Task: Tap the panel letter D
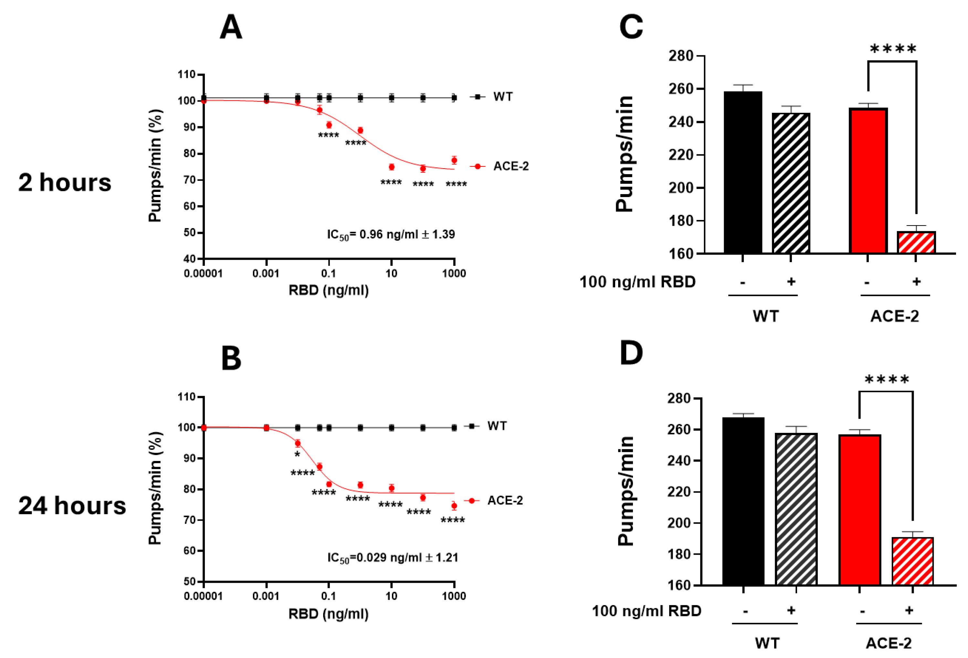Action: tap(631, 353)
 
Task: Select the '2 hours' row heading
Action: tap(65, 183)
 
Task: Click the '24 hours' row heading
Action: tap(72, 506)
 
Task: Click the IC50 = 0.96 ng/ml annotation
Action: tap(390, 235)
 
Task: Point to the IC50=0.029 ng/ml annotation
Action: tap(392, 558)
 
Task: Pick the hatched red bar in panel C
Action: tap(916, 242)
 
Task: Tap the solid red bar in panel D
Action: tap(859, 510)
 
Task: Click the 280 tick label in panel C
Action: tap(680, 56)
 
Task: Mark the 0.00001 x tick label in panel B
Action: tap(203, 596)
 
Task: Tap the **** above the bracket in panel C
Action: tap(893, 49)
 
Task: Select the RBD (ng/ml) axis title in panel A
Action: tap(328, 290)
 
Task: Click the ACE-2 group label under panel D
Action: tap(889, 643)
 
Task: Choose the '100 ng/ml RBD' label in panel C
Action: tap(637, 282)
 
